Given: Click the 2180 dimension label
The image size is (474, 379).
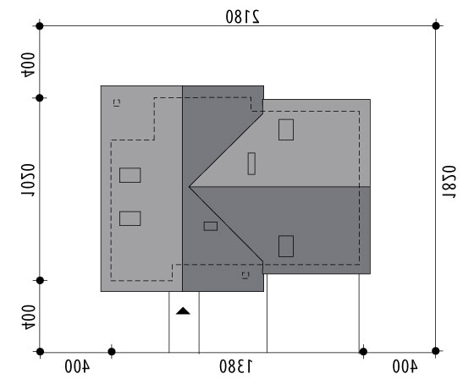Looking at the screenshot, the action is click(x=242, y=16).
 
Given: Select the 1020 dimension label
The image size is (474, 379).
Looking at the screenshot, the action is click(x=28, y=180).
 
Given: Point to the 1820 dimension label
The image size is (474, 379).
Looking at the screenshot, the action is click(x=449, y=182).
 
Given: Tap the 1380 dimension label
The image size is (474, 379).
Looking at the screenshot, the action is click(x=236, y=366).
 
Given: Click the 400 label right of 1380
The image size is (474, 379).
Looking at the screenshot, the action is click(x=405, y=366).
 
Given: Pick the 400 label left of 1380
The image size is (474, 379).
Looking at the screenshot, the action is click(x=77, y=366).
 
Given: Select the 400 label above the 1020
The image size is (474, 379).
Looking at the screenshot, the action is click(x=28, y=65).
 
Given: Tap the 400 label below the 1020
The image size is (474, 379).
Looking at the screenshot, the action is click(x=28, y=317).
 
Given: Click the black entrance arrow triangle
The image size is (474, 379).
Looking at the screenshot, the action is click(x=183, y=311).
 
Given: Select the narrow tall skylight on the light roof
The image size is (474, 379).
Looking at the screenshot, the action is click(x=251, y=163).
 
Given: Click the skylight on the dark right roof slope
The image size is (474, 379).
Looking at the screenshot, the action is click(x=286, y=246).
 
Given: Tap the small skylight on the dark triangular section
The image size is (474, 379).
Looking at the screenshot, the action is click(x=211, y=226).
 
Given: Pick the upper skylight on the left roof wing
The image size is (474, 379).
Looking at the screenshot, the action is click(x=130, y=175).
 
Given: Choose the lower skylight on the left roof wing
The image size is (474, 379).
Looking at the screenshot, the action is click(x=130, y=218).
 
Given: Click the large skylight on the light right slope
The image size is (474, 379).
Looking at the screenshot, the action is click(x=286, y=129).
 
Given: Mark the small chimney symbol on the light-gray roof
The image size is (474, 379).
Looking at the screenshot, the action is click(x=117, y=102).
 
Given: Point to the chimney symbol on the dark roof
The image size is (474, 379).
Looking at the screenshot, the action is click(x=245, y=275).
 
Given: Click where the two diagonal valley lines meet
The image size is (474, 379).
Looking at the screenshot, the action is click(x=190, y=187).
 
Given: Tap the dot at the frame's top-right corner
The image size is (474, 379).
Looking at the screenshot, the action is click(x=436, y=26).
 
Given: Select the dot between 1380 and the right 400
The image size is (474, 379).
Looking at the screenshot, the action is click(x=363, y=351).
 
